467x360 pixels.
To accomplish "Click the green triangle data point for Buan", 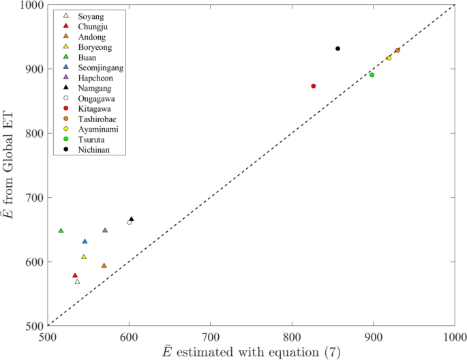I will pyautogui.click(x=61, y=230).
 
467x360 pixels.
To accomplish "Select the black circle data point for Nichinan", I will pyautogui.click(x=337, y=48).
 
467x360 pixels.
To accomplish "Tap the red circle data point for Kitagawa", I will pyautogui.click(x=313, y=86).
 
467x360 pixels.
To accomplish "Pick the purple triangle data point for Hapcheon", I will pyautogui.click(x=105, y=230).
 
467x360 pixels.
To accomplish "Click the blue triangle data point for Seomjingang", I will pyautogui.click(x=85, y=241).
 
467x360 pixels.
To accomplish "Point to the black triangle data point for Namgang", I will pyautogui.click(x=132, y=219).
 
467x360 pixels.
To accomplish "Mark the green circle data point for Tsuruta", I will pyautogui.click(x=372, y=75).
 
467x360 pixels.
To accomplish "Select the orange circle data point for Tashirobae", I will pyautogui.click(x=397, y=50).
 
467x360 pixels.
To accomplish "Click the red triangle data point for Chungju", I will pyautogui.click(x=75, y=275).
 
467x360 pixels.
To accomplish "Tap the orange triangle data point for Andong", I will pyautogui.click(x=104, y=266).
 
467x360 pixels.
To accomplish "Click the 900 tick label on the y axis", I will pyautogui.click(x=33, y=69).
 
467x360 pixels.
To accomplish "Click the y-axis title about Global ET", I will pyautogui.click(x=12, y=165).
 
